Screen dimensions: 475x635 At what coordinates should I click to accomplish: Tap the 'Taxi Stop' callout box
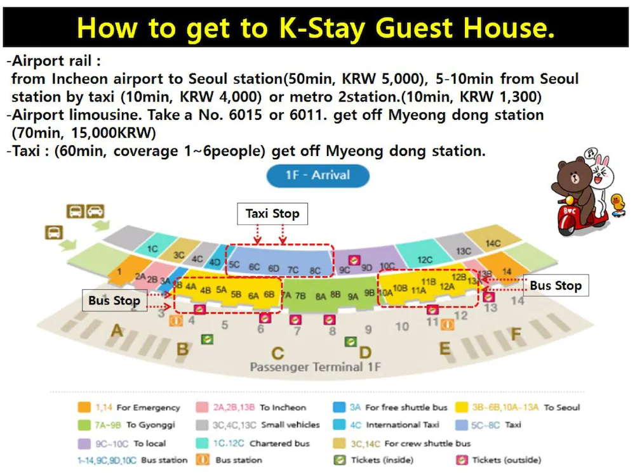coord(272,214)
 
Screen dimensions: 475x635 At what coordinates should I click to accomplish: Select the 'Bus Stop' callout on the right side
coord(556,286)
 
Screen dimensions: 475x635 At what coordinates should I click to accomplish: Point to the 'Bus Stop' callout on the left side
coord(114,301)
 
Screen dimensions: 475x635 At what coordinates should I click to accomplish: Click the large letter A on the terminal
coord(117,330)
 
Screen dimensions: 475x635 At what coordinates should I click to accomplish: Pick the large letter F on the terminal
coord(516,334)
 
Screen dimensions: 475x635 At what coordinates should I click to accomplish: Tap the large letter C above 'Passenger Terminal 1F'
coord(277,353)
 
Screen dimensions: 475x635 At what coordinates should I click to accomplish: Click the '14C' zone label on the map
coord(493,244)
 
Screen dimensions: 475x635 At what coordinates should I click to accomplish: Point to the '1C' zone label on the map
coord(152,249)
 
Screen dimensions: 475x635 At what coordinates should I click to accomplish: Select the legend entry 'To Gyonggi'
coord(149,425)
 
